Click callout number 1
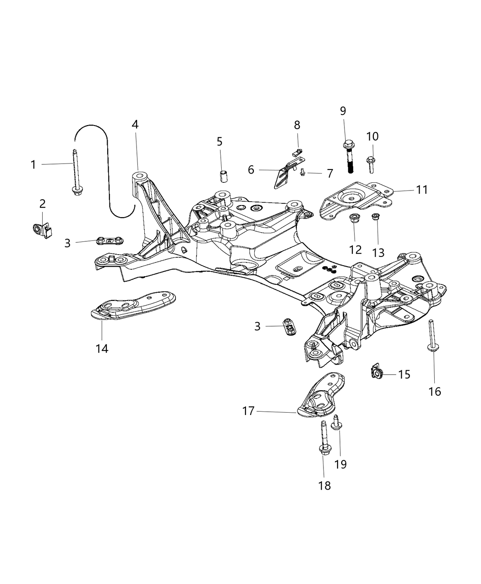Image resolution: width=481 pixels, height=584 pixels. pos(33,164)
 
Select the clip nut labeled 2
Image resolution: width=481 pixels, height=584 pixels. pos(42,229)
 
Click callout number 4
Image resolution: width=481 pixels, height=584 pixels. pos(135,124)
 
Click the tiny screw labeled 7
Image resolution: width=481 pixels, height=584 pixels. pos(303,172)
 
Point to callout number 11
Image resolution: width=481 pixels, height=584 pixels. pos(422,190)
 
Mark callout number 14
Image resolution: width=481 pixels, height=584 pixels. pos(102,349)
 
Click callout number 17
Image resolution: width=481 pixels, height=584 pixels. pos(248,411)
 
